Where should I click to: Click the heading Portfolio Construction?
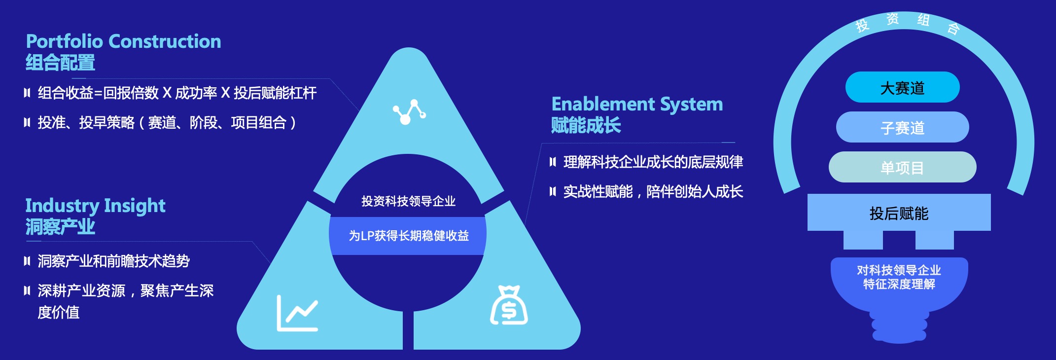click(x=123, y=41)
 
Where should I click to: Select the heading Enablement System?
click(x=637, y=105)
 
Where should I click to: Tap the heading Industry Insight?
click(x=95, y=206)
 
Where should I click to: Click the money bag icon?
click(x=509, y=305)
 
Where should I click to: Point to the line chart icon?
click(x=297, y=313)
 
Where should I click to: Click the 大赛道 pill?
click(x=902, y=87)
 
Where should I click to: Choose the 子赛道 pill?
click(x=902, y=127)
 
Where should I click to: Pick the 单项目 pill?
click(x=902, y=167)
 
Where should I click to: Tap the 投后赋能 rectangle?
click(x=899, y=213)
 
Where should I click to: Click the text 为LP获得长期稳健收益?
click(x=409, y=236)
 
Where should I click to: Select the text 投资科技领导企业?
click(x=409, y=201)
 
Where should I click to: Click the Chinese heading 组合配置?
click(x=60, y=63)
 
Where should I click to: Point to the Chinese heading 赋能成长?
click(x=586, y=125)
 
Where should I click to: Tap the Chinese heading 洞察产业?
click(x=60, y=227)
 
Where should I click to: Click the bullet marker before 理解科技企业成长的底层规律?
click(x=553, y=162)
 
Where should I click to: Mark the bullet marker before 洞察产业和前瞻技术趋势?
click(x=27, y=261)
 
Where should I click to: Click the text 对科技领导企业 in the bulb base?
click(x=899, y=270)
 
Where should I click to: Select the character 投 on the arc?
click(x=862, y=25)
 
